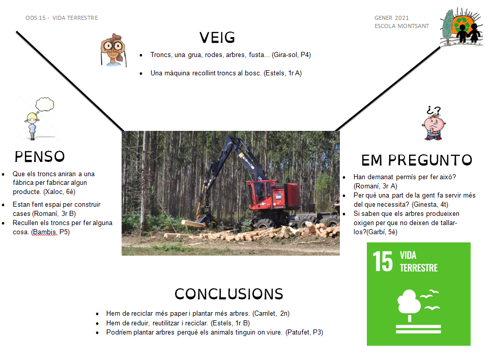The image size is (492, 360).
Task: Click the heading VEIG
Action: (x=217, y=38)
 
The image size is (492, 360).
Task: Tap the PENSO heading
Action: (x=40, y=156)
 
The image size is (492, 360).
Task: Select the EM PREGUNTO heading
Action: (x=417, y=160)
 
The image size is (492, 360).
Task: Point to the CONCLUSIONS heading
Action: (x=229, y=294)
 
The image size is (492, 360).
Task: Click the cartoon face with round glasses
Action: (x=113, y=50)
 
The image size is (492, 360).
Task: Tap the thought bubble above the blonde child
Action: (x=45, y=104)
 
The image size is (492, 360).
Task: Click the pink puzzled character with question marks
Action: (x=433, y=123)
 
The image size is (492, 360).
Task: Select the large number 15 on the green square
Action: (x=383, y=261)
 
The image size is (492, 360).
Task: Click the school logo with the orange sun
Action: (x=461, y=27)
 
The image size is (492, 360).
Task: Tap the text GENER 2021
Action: (x=391, y=18)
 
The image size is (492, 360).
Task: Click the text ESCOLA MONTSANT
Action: (x=401, y=26)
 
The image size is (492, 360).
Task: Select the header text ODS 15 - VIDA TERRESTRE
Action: (x=62, y=18)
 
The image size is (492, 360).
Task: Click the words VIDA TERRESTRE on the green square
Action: (x=419, y=261)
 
